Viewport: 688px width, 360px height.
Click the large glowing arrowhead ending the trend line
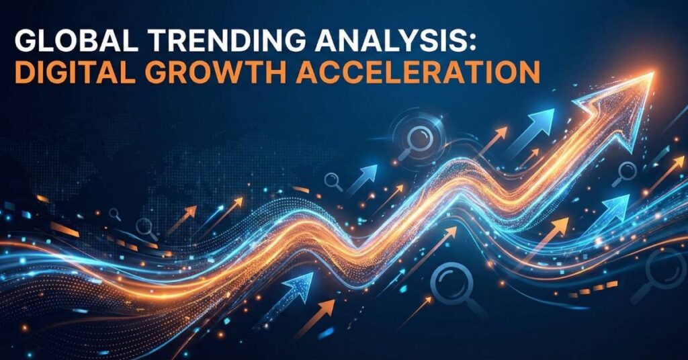[x=623, y=105]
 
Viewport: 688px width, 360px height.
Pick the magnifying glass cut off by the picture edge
[x=660, y=274]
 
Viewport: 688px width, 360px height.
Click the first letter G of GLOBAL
[x=26, y=42]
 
